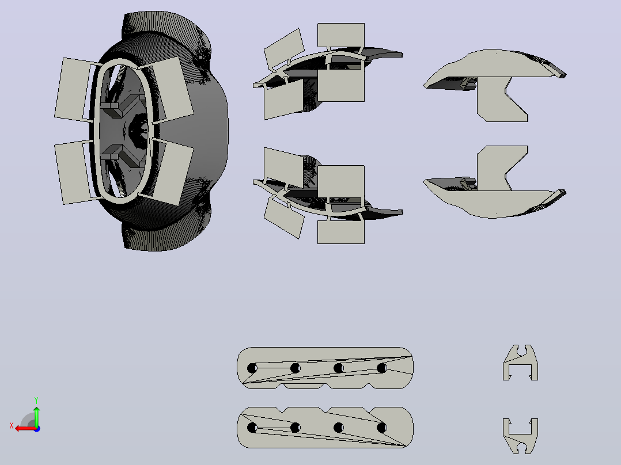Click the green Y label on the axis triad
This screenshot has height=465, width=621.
click(36, 400)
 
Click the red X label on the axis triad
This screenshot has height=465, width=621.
click(12, 426)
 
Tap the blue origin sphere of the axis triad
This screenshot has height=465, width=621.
click(37, 429)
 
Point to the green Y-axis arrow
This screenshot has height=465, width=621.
click(36, 416)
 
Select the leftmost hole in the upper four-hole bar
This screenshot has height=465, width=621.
click(252, 368)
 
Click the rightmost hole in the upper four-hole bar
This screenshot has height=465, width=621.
click(382, 368)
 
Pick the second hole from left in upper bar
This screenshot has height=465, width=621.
click(295, 368)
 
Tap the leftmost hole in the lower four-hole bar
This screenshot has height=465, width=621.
click(252, 428)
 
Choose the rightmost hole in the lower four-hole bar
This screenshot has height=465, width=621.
click(382, 428)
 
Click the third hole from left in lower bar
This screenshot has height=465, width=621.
click(339, 428)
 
